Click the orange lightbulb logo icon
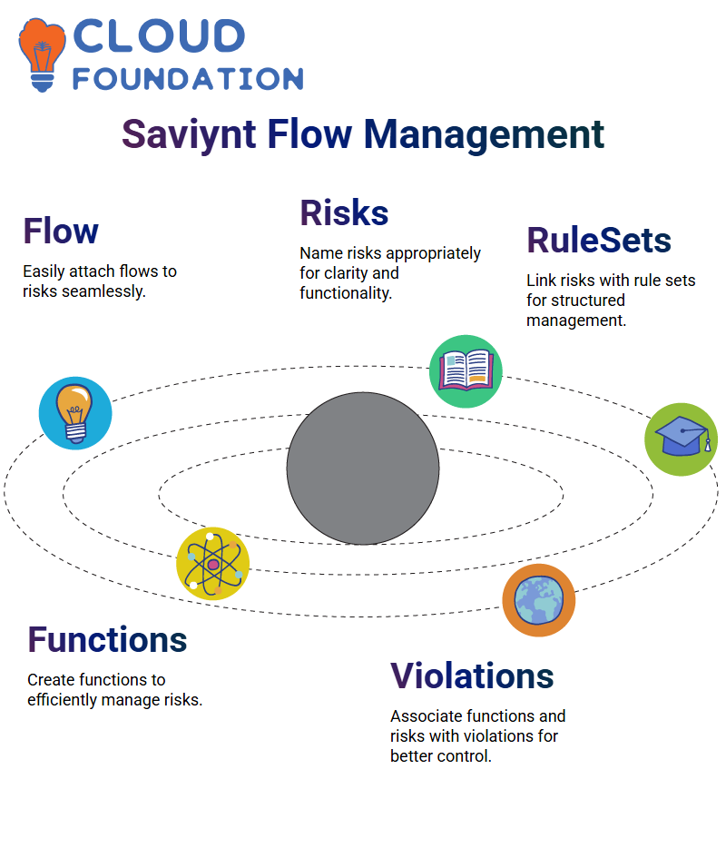pyautogui.click(x=42, y=54)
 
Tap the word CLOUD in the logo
pyautogui.click(x=159, y=35)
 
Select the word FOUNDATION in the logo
pyautogui.click(x=188, y=79)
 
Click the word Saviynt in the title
pyautogui.click(x=189, y=134)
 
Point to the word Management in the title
pyautogui.click(x=485, y=134)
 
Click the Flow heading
pyautogui.click(x=61, y=231)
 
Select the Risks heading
pyautogui.click(x=344, y=212)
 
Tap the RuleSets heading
pyautogui.click(x=599, y=241)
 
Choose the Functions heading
pyautogui.click(x=107, y=640)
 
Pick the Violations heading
pyautogui.click(x=472, y=676)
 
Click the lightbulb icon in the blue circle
pyautogui.click(x=75, y=413)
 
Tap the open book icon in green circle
pyautogui.click(x=466, y=371)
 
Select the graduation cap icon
pyautogui.click(x=682, y=439)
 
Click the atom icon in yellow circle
pyautogui.click(x=213, y=564)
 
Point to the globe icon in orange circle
pyautogui.click(x=539, y=600)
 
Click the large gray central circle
pyautogui.click(x=363, y=468)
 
